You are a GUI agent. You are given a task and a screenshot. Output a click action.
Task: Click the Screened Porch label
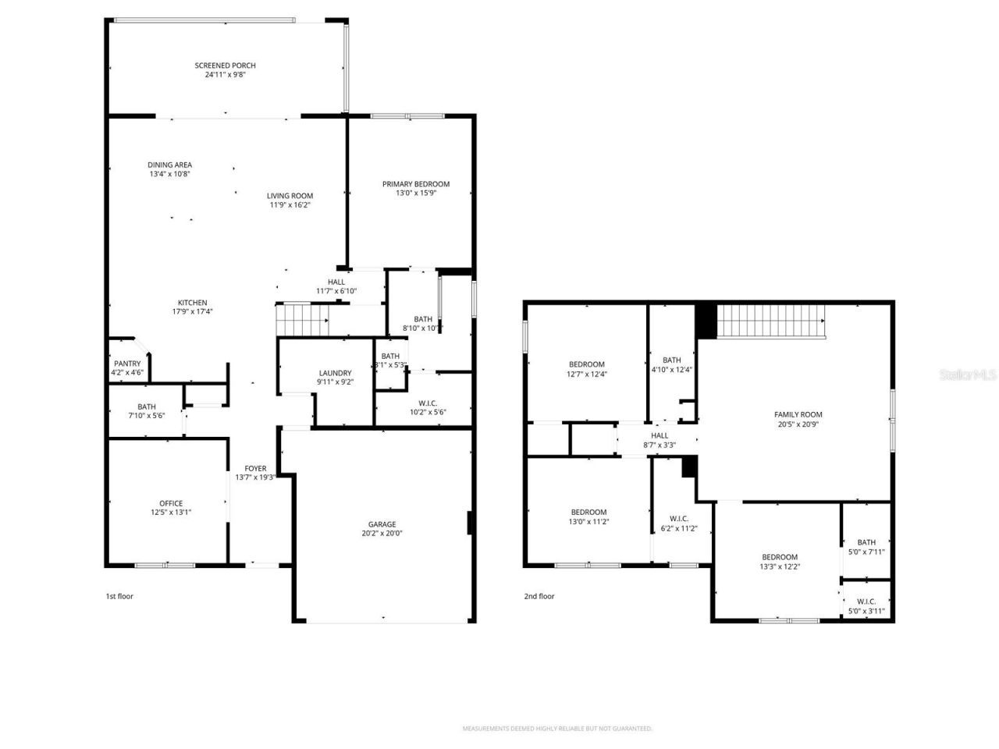(x=225, y=66)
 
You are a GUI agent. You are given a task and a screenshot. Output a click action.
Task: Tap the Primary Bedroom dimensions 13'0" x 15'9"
(x=415, y=193)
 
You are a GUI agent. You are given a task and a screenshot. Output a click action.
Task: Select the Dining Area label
(x=169, y=165)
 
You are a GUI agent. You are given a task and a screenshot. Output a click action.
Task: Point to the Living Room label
(x=290, y=196)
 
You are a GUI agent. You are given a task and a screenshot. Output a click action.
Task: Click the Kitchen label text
(x=192, y=303)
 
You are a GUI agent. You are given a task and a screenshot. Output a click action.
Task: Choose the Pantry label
(x=127, y=364)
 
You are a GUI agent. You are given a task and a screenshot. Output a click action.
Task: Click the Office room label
(x=171, y=503)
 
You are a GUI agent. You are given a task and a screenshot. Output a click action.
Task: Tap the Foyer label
(x=255, y=468)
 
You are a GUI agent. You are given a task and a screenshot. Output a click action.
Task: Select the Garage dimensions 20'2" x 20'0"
(x=382, y=534)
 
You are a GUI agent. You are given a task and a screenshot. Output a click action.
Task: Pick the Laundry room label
(x=335, y=373)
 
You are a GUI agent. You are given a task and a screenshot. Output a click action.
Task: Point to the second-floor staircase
(x=770, y=321)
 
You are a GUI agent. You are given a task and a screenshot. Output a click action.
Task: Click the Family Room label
(x=798, y=415)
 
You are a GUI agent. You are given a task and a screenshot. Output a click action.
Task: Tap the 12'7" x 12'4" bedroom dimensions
(x=586, y=374)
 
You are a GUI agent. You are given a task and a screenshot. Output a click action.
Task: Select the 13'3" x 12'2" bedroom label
(x=780, y=557)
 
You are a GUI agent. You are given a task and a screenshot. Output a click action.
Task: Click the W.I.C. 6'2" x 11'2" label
(x=678, y=519)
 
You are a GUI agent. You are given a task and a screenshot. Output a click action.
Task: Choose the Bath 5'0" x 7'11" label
(x=866, y=542)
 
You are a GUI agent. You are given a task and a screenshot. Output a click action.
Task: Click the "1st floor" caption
(x=119, y=596)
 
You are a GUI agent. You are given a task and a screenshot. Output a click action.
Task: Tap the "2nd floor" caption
(x=539, y=596)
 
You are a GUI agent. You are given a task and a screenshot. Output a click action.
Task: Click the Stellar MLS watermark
(x=968, y=374)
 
